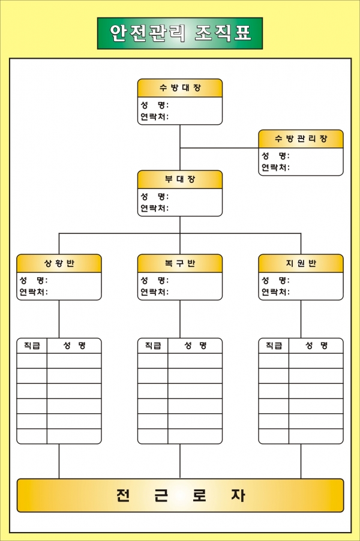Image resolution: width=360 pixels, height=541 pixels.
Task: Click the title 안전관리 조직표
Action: (x=180, y=33)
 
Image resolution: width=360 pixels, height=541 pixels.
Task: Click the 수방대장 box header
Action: (x=180, y=88)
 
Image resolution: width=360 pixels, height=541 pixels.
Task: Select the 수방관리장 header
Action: (x=301, y=139)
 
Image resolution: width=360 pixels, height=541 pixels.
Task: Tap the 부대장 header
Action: (x=180, y=179)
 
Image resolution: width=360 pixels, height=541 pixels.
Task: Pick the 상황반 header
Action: (x=59, y=263)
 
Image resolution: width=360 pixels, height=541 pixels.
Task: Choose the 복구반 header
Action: (x=180, y=263)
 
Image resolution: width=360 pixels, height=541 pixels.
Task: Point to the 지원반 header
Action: (x=301, y=263)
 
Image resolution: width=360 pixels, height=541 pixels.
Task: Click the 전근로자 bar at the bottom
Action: (x=180, y=495)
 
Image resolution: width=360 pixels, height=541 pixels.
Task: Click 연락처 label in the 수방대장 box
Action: (x=154, y=116)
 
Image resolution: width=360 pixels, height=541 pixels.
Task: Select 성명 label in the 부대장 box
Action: (x=154, y=196)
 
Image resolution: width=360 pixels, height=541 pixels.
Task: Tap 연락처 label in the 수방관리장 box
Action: (x=275, y=167)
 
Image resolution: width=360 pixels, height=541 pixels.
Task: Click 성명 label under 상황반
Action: (x=34, y=280)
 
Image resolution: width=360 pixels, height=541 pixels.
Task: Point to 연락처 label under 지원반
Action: (x=275, y=292)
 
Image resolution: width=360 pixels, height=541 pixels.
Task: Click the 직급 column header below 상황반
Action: (x=32, y=345)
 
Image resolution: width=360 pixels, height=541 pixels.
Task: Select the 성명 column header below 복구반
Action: (x=195, y=345)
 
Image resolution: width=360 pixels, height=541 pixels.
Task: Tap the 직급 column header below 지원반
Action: (x=274, y=345)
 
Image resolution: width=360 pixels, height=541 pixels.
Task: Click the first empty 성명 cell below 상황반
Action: (x=74, y=360)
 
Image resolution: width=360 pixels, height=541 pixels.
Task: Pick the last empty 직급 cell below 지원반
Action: (x=274, y=436)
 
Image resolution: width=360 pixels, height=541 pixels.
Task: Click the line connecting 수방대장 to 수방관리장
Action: (x=219, y=148)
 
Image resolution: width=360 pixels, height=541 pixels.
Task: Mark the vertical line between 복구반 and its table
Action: (x=180, y=319)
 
